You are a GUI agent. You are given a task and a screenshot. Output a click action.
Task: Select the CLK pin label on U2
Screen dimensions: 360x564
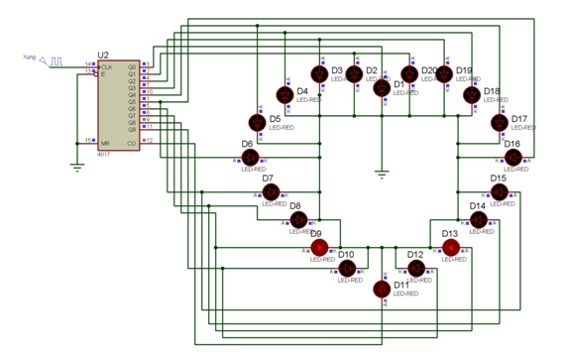point(106,66)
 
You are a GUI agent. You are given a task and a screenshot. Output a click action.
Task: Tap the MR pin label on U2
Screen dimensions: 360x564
point(104,141)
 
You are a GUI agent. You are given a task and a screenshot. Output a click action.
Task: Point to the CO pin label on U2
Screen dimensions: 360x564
point(132,141)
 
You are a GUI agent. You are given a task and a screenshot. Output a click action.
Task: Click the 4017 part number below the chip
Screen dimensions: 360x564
point(104,155)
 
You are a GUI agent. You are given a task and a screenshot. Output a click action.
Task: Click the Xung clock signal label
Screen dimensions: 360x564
point(29,58)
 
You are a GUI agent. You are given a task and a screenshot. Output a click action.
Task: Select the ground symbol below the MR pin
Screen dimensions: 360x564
point(77,167)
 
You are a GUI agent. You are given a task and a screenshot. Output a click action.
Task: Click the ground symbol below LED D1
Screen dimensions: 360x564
point(382,176)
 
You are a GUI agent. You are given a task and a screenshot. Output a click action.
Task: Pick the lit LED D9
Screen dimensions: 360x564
point(319,247)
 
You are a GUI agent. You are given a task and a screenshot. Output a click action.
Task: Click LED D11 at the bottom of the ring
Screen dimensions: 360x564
point(382,290)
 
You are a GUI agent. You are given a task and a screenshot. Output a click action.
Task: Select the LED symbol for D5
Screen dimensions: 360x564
point(256,122)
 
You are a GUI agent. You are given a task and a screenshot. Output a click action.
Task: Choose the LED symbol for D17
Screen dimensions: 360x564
point(499,122)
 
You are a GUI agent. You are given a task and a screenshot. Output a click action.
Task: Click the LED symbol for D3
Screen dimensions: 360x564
point(318,73)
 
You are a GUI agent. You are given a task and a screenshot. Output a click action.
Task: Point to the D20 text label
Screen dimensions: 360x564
point(428,70)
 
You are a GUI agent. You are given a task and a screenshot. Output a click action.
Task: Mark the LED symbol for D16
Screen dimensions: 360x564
point(510,159)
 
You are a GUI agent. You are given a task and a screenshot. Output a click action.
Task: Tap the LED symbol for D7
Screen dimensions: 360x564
point(271,191)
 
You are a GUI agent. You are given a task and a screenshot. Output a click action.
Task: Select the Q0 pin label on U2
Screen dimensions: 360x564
point(132,66)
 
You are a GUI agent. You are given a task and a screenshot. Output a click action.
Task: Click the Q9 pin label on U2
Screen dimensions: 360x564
point(132,128)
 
